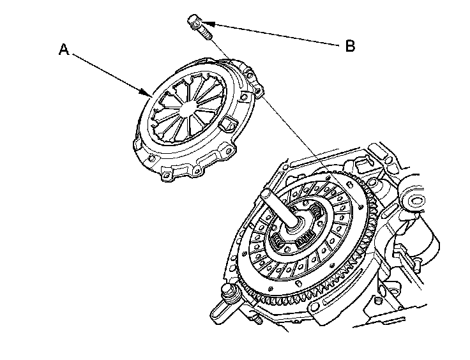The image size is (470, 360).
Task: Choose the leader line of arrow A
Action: [109, 73]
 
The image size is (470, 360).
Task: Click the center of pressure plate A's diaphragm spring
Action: [186, 109]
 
